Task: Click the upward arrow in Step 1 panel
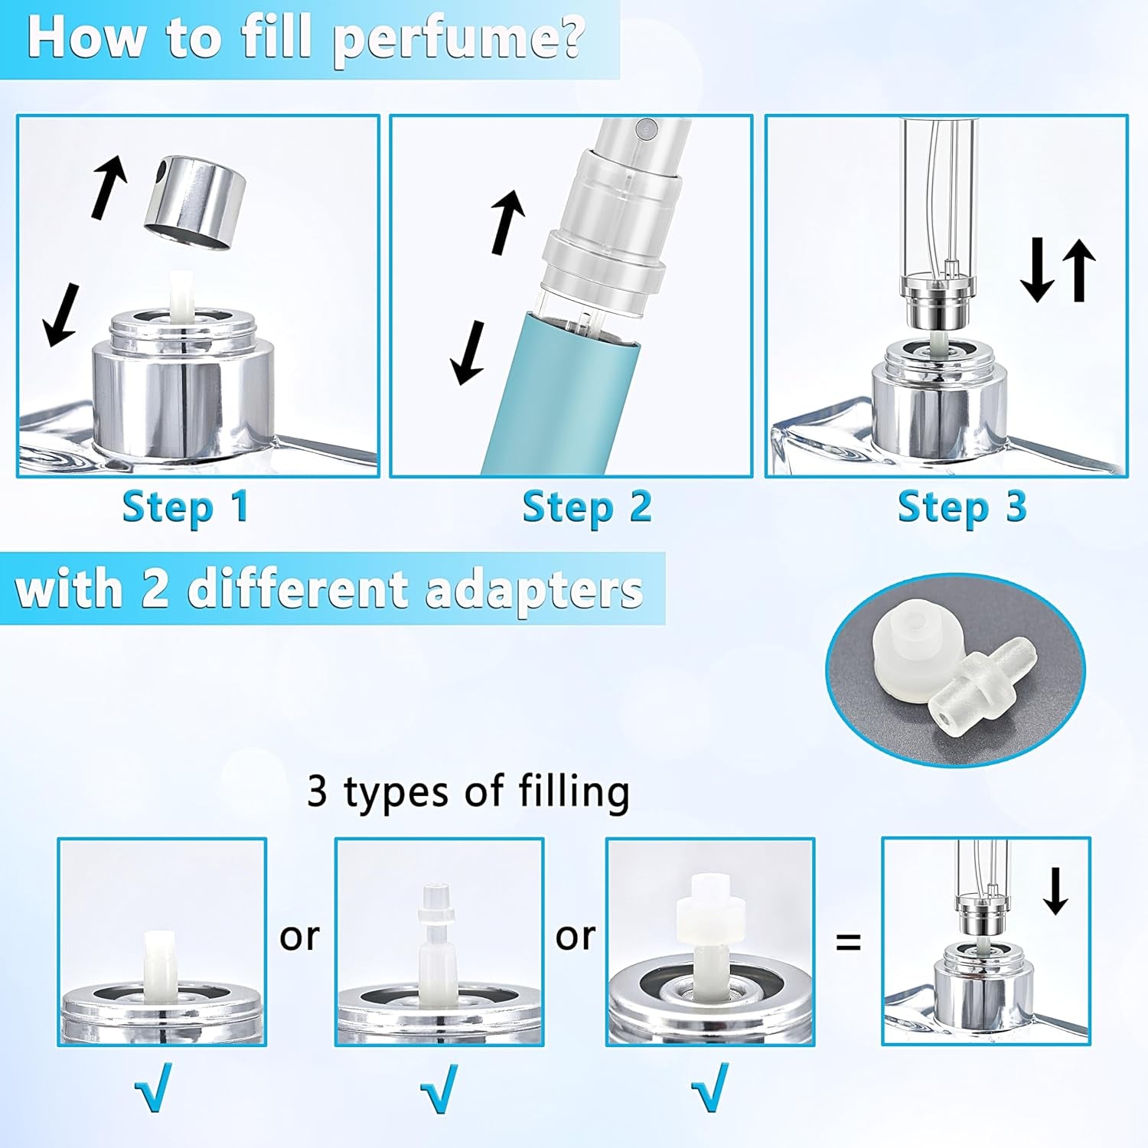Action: point(109,186)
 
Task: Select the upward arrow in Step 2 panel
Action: point(507,222)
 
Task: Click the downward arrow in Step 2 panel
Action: point(468,352)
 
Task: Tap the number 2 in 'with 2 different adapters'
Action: point(155,589)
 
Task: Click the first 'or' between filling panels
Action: point(299,935)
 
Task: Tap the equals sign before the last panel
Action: point(847,941)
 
